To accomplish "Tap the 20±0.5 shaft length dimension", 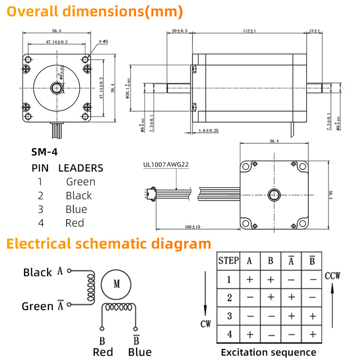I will (180, 31).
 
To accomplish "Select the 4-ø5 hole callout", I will (103, 41).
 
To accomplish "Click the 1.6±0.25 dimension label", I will (208, 130).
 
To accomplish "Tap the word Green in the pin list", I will (81, 182).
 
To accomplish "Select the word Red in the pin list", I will (75, 223).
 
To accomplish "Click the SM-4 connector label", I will (44, 152).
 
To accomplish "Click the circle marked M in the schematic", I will (117, 283).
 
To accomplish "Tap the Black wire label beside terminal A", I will (38, 272).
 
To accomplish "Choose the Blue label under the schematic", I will (139, 352).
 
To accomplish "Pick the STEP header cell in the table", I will (228, 260).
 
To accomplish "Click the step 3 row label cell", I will (229, 316).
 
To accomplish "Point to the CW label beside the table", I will (205, 324).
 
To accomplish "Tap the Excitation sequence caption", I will (269, 352).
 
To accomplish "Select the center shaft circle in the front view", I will (56, 87).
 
